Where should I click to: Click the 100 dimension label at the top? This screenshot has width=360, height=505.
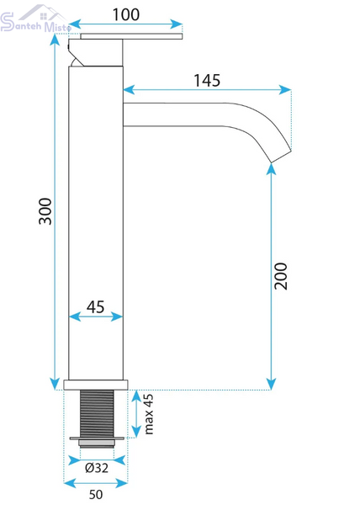126,15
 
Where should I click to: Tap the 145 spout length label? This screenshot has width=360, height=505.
207,81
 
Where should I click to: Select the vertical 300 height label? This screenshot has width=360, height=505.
45,211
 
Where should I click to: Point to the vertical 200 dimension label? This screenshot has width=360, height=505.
281,276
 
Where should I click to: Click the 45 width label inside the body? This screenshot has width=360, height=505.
96,307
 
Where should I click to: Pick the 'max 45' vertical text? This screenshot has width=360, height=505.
148,414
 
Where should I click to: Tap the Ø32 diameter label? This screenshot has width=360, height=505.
97,468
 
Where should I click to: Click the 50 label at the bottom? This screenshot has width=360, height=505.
96,494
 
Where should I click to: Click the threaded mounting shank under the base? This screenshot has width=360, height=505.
97,414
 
